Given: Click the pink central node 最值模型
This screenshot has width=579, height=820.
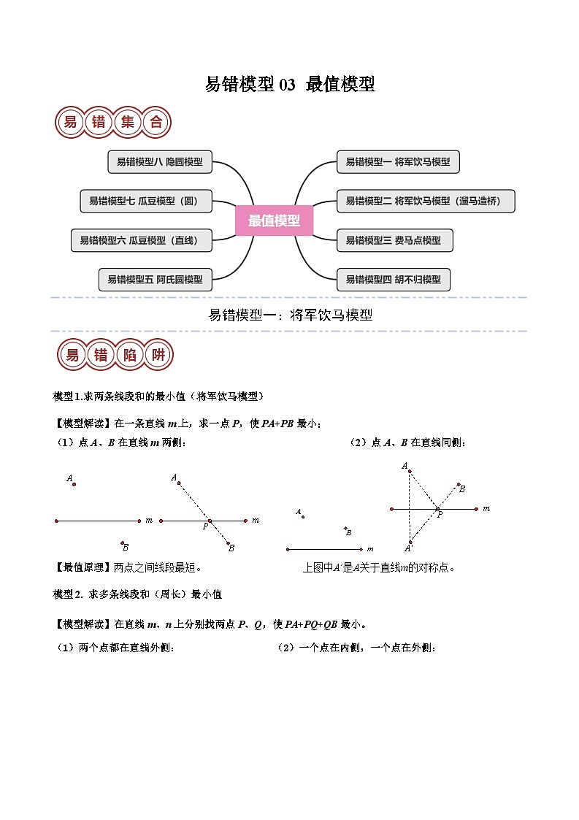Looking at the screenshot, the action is click(x=274, y=221).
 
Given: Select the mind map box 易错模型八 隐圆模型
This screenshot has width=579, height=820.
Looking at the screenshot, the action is click(x=159, y=162).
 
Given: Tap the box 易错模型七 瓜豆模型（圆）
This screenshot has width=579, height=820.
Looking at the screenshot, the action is click(x=145, y=201).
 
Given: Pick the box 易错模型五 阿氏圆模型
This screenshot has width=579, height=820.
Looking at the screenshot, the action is click(x=155, y=279).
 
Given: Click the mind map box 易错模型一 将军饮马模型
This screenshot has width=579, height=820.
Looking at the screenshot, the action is click(x=398, y=162).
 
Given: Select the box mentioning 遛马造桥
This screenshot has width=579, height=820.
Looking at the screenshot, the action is click(x=426, y=201).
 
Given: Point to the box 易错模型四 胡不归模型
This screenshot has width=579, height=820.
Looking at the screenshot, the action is click(x=393, y=279).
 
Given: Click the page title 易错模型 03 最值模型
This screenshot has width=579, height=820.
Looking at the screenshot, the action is click(x=290, y=85).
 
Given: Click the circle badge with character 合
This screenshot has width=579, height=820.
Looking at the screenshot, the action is click(x=156, y=123).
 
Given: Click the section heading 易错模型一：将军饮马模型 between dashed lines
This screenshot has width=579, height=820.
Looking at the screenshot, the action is click(x=290, y=315).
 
